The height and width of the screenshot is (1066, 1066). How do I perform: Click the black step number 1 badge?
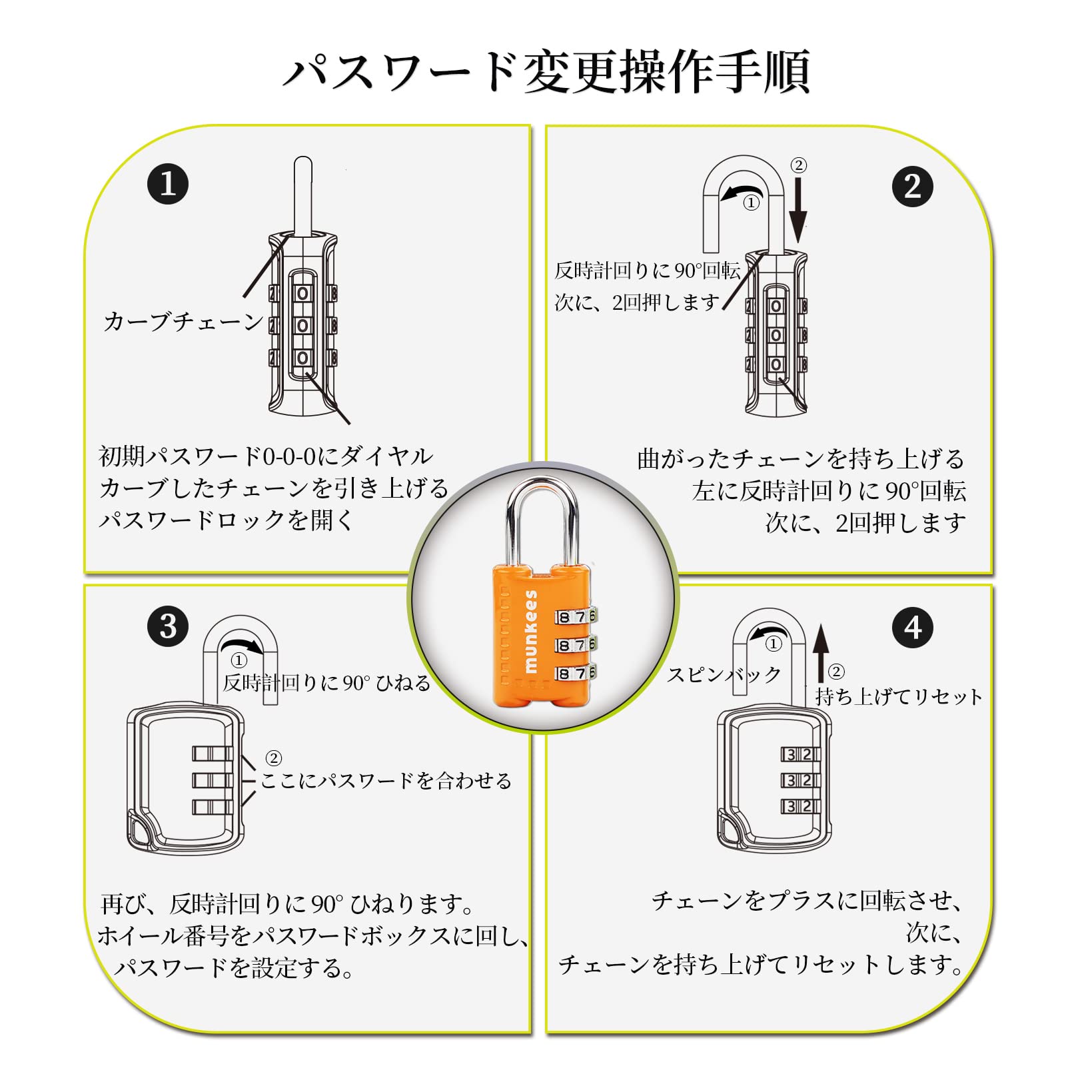click(x=168, y=184)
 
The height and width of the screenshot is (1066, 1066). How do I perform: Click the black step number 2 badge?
click(x=912, y=186)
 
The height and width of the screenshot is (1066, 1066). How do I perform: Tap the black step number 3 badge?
click(x=168, y=626)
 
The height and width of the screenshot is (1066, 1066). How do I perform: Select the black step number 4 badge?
click(x=913, y=627)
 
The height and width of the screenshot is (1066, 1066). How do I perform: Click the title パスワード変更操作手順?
click(x=546, y=71)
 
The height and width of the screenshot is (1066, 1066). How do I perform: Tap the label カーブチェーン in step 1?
click(x=183, y=322)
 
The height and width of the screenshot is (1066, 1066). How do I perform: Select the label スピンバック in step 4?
click(x=724, y=675)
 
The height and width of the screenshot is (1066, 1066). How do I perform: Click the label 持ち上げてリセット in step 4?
click(x=899, y=697)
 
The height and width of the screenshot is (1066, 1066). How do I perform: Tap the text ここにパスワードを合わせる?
click(x=386, y=780)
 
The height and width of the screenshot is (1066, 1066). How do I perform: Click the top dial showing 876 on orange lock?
click(x=576, y=617)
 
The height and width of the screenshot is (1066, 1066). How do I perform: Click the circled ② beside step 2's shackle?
click(x=798, y=165)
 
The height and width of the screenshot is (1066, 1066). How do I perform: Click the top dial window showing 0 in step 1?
click(x=302, y=293)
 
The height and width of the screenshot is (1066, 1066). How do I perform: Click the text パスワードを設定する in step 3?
click(x=234, y=967)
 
